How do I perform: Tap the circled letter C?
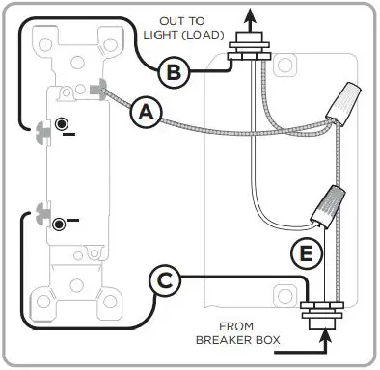click(165, 281)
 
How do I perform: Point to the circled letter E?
click(304, 254)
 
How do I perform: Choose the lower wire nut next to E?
click(329, 202)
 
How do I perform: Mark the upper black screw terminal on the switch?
click(61, 124)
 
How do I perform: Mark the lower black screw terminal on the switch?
click(60, 224)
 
